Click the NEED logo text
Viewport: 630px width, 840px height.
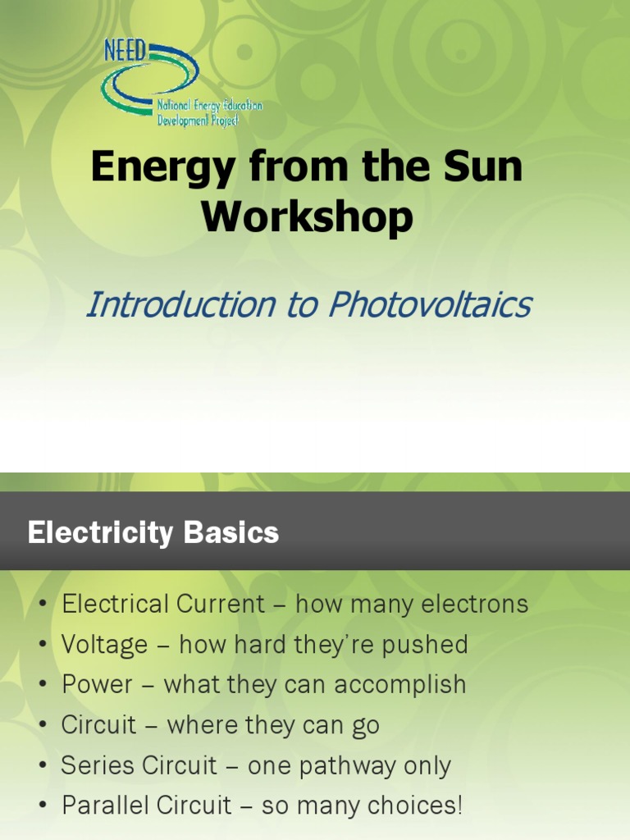click(126, 52)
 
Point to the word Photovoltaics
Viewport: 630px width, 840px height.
click(430, 305)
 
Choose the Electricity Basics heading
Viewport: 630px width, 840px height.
click(153, 533)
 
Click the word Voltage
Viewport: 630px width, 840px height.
click(104, 645)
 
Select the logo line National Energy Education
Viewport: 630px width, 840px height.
click(209, 107)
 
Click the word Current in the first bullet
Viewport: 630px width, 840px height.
click(220, 605)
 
